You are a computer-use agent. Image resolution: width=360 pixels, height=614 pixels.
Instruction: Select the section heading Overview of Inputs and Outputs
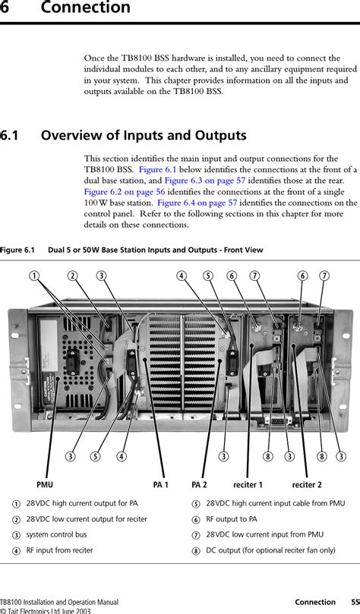(x=144, y=136)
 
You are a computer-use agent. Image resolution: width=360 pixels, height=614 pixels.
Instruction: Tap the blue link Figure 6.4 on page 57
(x=197, y=203)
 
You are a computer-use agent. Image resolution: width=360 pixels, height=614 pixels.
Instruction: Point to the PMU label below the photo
(x=45, y=483)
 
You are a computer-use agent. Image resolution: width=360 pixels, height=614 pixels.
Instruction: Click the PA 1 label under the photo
(x=160, y=483)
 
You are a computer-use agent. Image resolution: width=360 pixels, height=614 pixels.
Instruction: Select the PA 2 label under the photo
(x=200, y=483)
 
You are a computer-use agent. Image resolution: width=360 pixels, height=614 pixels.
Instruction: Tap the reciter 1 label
(x=248, y=483)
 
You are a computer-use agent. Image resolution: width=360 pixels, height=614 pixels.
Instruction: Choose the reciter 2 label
(x=307, y=483)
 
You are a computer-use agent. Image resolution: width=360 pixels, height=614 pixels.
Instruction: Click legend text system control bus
(x=55, y=534)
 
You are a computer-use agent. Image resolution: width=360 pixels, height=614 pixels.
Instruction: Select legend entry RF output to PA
(x=232, y=519)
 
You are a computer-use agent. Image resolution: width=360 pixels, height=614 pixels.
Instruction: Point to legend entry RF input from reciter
(x=59, y=549)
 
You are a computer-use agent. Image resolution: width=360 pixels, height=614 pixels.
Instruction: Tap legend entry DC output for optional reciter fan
(x=270, y=549)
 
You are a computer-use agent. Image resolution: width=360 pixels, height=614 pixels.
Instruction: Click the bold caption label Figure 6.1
(x=17, y=249)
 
